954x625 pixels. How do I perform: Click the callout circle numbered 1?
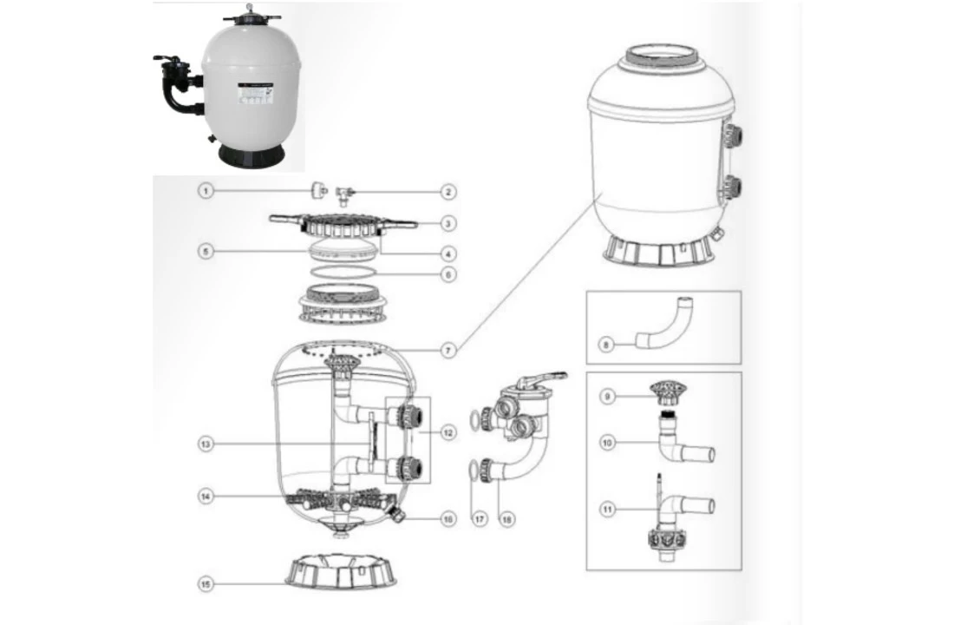pyautogui.click(x=206, y=190)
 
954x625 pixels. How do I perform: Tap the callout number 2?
pyautogui.click(x=448, y=191)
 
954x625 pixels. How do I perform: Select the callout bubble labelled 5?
pyautogui.click(x=206, y=252)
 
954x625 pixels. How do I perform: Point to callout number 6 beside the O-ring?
pyautogui.click(x=448, y=274)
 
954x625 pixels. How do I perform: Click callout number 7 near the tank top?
pyautogui.click(x=448, y=350)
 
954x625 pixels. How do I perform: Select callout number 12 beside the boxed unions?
pyautogui.click(x=448, y=432)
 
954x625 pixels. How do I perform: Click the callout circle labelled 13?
pyautogui.click(x=206, y=444)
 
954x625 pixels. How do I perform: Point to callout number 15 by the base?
pyautogui.click(x=206, y=584)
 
